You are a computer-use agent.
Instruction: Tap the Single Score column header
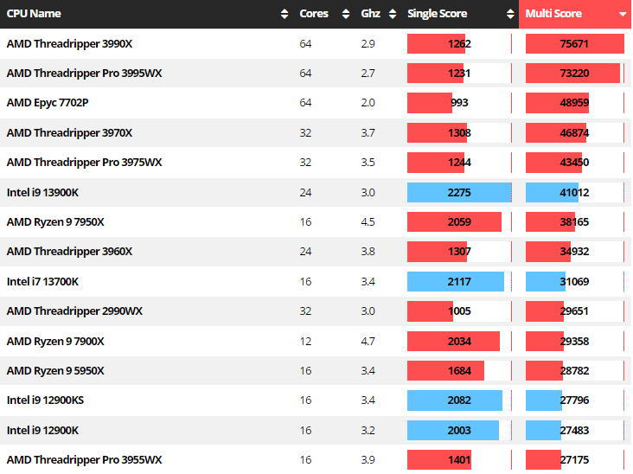point(438,14)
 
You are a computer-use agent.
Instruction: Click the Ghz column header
point(370,14)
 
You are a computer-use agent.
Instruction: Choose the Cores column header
point(314,14)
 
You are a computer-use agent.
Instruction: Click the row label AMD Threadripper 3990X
point(69,44)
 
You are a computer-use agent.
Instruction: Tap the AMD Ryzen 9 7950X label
point(55,222)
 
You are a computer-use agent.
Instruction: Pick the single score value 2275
point(459,192)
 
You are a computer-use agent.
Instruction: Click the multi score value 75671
point(575,44)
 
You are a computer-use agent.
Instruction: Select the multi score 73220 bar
point(573,74)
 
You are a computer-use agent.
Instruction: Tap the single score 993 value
point(459,103)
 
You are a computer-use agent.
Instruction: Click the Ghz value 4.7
point(368,341)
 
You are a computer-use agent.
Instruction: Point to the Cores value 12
point(305,341)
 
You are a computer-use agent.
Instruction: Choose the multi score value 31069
point(575,281)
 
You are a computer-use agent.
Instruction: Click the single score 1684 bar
point(446,370)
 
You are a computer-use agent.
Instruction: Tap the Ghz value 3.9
point(368,459)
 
